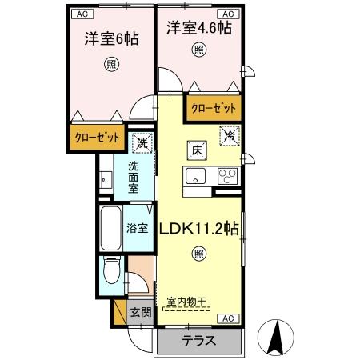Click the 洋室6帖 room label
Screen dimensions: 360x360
point(107,38)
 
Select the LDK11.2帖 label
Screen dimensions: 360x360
point(201,227)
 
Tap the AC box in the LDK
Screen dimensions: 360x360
point(227,318)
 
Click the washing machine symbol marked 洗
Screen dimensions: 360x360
point(142,144)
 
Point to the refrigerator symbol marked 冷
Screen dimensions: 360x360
point(229,136)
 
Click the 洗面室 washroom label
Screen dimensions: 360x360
point(140,177)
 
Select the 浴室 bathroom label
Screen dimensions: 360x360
point(138,228)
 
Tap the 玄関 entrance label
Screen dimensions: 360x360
point(140,312)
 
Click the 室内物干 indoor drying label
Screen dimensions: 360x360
point(186,302)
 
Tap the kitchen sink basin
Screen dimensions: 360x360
point(196,177)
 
